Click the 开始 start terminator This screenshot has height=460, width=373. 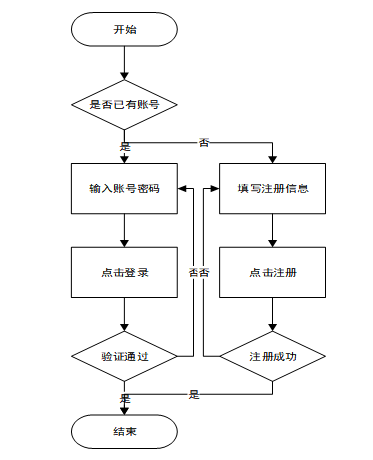124,29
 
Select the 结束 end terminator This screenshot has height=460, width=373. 124,432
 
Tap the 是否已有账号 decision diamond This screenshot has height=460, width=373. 124,105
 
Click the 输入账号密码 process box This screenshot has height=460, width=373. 124,188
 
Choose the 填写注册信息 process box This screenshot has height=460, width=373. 272,188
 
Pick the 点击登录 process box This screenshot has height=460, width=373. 124,272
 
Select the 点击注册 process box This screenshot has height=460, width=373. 272,272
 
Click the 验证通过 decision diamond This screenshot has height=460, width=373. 124,356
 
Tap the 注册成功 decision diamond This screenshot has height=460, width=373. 272,356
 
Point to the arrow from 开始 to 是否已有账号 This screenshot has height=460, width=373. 124,63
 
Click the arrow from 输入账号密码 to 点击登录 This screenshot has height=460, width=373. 124,230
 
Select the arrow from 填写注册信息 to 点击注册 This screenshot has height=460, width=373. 272,230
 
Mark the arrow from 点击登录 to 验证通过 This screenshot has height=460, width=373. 124,314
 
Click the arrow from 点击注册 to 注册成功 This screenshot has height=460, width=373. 272,314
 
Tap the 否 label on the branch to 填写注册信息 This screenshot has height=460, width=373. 204,143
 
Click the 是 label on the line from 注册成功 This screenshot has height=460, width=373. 194,395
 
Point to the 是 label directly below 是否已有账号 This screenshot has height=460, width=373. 125,146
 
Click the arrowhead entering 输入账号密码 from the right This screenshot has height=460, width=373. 182,189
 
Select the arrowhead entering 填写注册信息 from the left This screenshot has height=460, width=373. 215,189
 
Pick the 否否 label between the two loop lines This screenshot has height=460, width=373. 199,272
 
